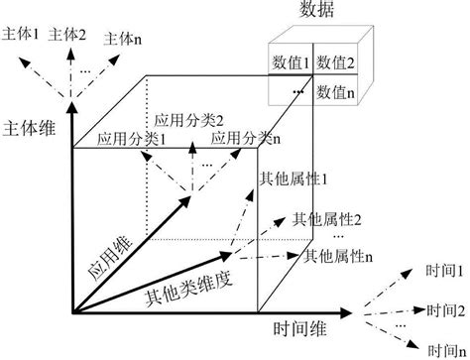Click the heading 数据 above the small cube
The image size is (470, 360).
point(315,11)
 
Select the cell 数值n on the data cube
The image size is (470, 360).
point(337,91)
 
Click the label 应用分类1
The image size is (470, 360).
point(131,141)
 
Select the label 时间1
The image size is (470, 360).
point(443,270)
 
